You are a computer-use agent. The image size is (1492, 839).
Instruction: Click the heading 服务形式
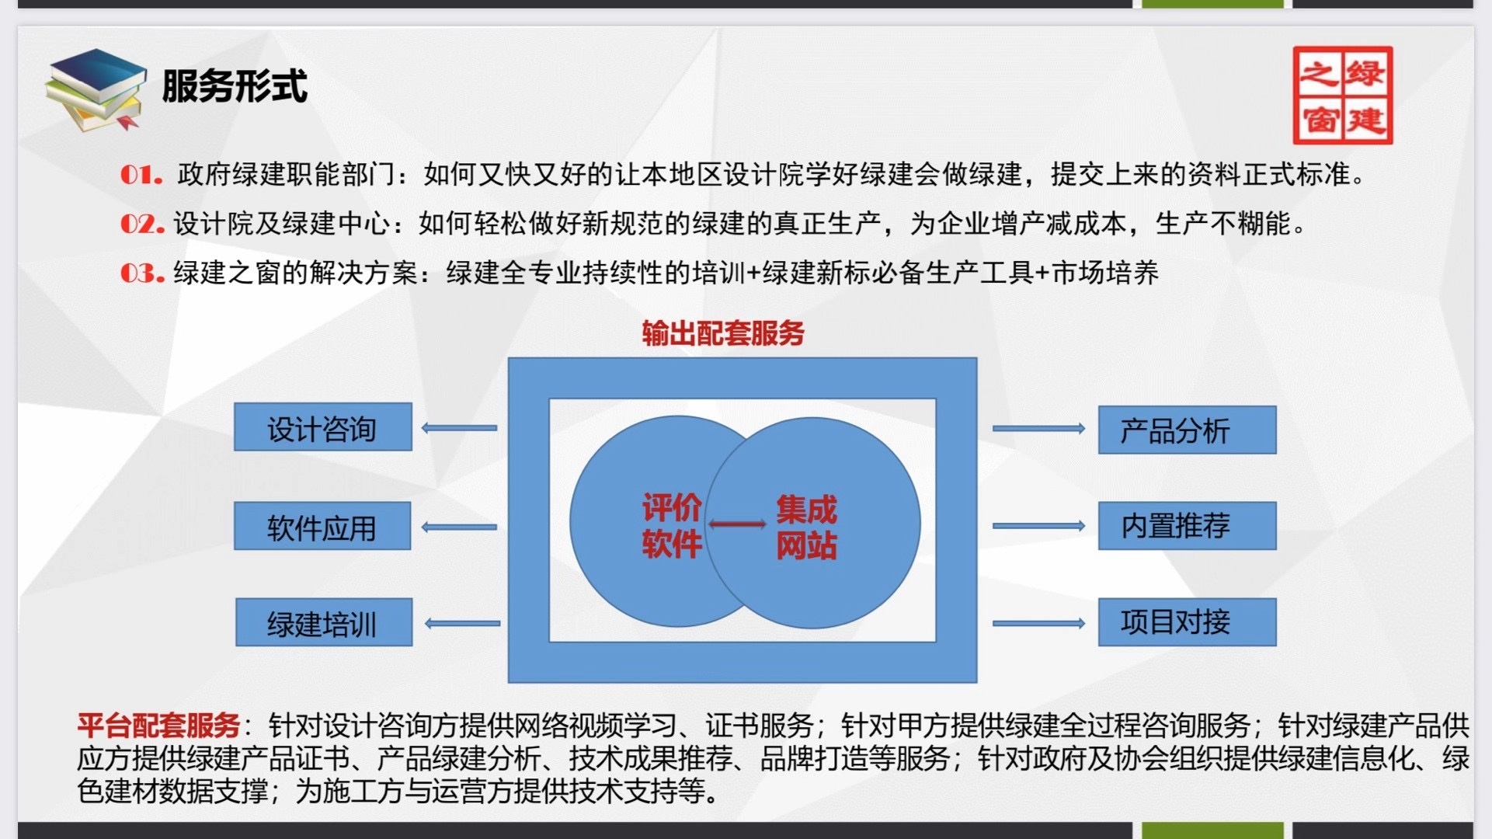(x=235, y=85)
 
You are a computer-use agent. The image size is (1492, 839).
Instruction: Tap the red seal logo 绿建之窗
(x=1342, y=96)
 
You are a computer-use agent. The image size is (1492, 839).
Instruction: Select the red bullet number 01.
(x=141, y=175)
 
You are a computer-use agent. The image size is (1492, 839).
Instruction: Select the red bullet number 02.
(x=142, y=225)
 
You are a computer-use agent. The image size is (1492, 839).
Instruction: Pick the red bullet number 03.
(x=142, y=273)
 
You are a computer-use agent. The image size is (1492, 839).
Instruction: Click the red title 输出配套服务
(x=723, y=333)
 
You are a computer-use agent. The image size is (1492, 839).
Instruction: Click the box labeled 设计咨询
(x=323, y=426)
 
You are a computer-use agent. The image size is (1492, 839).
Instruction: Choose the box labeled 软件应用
(x=322, y=526)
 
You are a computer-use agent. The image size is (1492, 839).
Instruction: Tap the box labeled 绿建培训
(x=324, y=622)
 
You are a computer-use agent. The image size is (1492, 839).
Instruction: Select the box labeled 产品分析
(x=1187, y=430)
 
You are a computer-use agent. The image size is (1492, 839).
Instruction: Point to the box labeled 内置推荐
(x=1187, y=526)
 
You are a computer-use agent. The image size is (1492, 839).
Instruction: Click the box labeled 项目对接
(x=1187, y=622)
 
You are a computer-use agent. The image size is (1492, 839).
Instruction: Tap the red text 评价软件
(x=672, y=526)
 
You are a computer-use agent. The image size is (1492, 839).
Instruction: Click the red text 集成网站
(x=806, y=527)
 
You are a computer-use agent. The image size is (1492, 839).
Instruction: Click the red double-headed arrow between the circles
(x=737, y=524)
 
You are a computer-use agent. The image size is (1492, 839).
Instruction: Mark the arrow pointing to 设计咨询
(x=459, y=428)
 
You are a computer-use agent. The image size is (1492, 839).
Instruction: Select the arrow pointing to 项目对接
(x=1039, y=623)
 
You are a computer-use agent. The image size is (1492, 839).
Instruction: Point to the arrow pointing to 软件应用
(x=459, y=527)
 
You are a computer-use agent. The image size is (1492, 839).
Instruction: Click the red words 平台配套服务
(x=158, y=726)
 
